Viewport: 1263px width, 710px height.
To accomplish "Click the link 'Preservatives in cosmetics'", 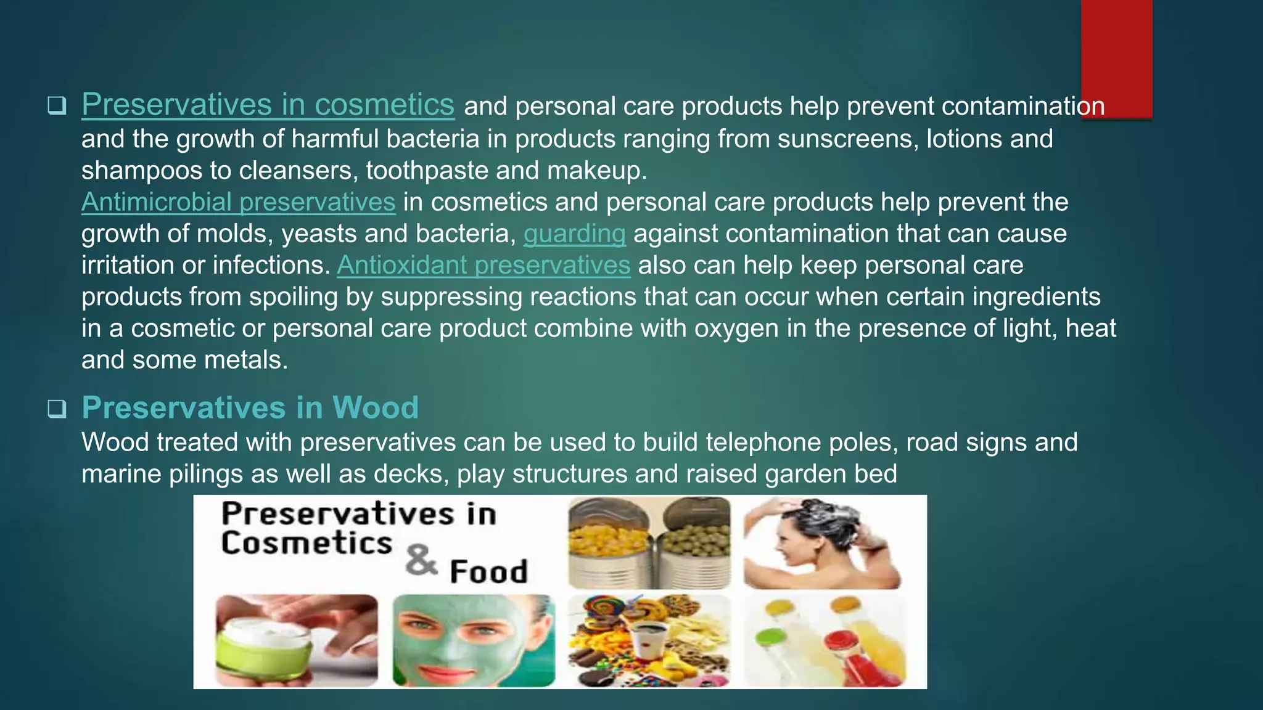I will coord(268,105).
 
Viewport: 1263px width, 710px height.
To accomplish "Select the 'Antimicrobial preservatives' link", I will coord(238,202).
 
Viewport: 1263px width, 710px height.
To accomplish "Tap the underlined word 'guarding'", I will coord(574,234).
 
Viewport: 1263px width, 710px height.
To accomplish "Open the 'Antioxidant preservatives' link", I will coord(483,266).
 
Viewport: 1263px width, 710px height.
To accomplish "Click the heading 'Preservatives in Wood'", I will coord(250,407).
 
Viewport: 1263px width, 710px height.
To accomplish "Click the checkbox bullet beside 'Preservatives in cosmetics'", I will coord(57,106).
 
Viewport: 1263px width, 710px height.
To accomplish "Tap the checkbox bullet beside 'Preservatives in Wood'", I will coord(57,409).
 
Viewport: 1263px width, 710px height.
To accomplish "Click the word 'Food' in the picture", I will coord(488,571).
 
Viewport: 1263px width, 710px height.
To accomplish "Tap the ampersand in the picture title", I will coord(421,560).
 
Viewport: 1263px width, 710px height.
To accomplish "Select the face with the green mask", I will coord(474,641).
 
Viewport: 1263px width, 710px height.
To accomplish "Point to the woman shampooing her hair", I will coord(820,542).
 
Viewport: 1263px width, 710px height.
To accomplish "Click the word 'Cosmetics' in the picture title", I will coord(306,544).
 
